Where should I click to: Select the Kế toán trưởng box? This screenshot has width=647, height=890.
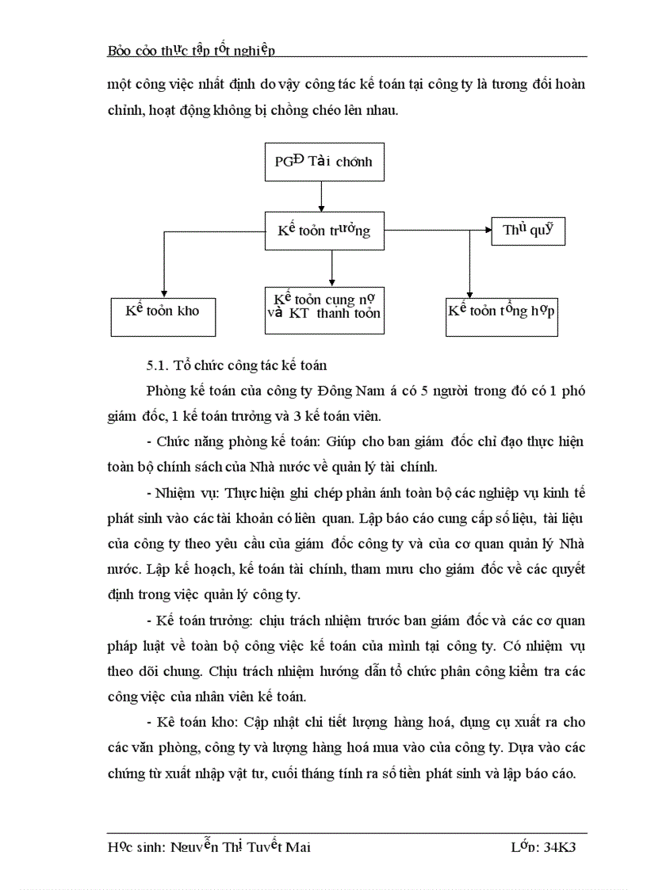click(x=323, y=231)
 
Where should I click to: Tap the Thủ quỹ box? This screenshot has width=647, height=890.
click(x=527, y=231)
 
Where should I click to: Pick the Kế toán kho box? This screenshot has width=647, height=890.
click(x=163, y=311)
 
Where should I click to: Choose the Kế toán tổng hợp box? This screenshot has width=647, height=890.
click(x=502, y=311)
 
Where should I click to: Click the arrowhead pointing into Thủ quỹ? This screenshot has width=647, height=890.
click(x=486, y=231)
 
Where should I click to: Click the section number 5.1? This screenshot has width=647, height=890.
click(x=157, y=365)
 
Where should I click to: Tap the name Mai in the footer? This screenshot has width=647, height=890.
click(x=297, y=847)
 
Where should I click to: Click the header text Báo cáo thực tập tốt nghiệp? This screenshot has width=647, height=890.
click(x=191, y=50)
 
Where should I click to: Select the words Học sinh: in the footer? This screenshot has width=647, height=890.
click(x=136, y=847)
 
